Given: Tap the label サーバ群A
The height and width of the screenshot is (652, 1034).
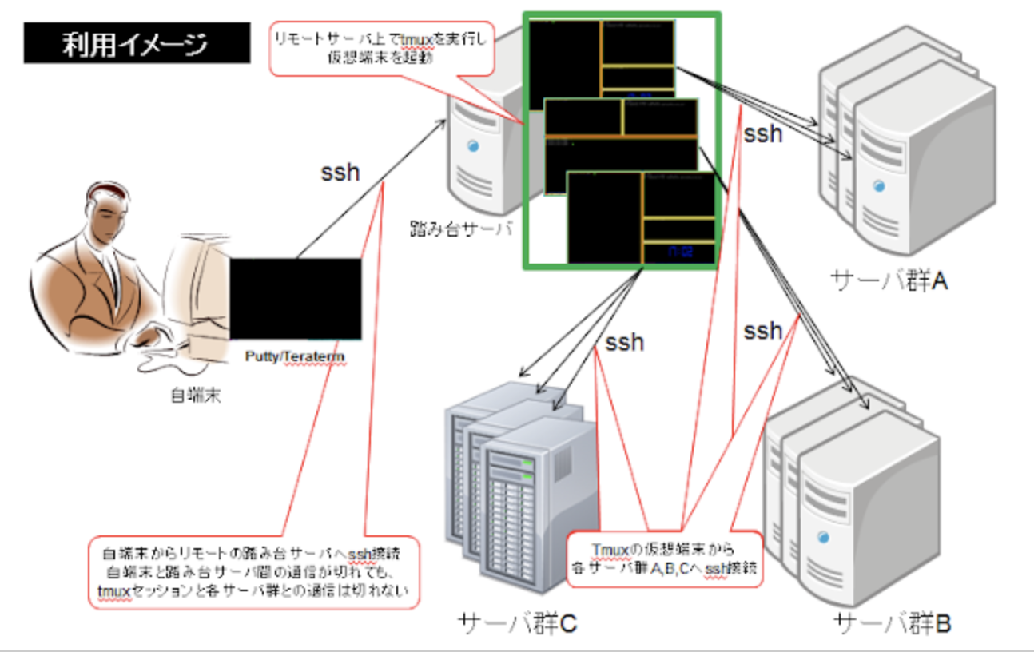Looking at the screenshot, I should pos(889,280).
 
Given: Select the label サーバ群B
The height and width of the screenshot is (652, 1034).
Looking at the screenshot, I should pos(892,623).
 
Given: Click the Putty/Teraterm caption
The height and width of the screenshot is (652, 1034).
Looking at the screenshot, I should pos(295,356).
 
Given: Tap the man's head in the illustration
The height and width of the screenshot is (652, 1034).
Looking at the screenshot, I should pos(109,209).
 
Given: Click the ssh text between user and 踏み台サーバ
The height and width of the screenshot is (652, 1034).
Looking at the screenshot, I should pos(340,172).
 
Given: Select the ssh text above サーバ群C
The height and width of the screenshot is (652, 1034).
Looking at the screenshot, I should pos(623,342).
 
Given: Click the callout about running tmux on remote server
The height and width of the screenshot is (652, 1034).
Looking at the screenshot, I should pos(382,48).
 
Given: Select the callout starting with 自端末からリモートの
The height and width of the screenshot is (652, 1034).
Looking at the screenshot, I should pos(253,571).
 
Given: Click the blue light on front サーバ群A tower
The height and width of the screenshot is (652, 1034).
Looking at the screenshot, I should pos(879,185).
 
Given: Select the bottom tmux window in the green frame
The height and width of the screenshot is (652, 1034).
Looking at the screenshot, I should pos(641,218).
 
